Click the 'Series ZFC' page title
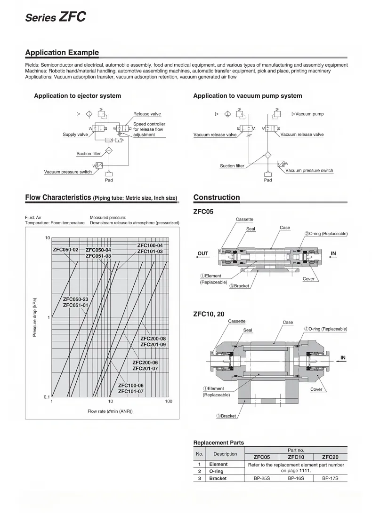point(56,17)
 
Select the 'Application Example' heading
point(62,53)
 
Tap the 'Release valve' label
point(147,114)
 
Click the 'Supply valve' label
point(75,134)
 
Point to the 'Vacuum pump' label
point(309,114)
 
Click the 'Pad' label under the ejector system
point(109,180)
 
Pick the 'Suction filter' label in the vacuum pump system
point(232,166)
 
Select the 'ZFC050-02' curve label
point(65,249)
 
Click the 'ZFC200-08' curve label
point(153,339)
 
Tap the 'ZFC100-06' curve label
point(130,386)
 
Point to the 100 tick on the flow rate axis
point(169,401)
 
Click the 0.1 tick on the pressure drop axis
point(47,397)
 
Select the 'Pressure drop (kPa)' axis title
point(34,317)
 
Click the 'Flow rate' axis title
point(110,411)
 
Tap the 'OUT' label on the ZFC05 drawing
point(202,253)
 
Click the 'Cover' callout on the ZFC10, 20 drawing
point(316,389)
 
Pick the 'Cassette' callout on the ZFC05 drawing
point(244,220)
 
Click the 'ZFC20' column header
point(330,457)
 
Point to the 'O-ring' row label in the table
point(216,471)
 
